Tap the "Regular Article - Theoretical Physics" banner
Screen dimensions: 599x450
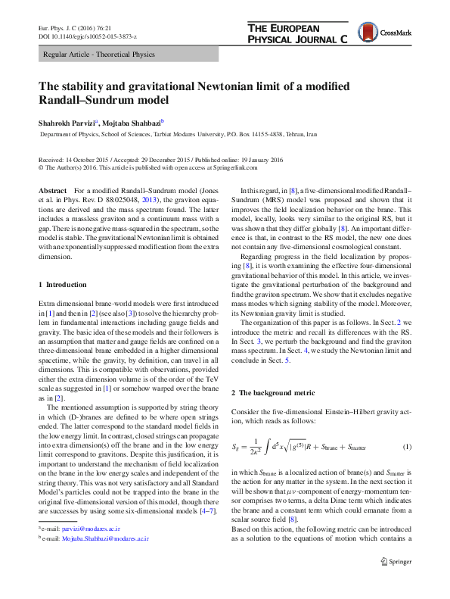(99, 55)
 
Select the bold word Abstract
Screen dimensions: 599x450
(52, 190)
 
